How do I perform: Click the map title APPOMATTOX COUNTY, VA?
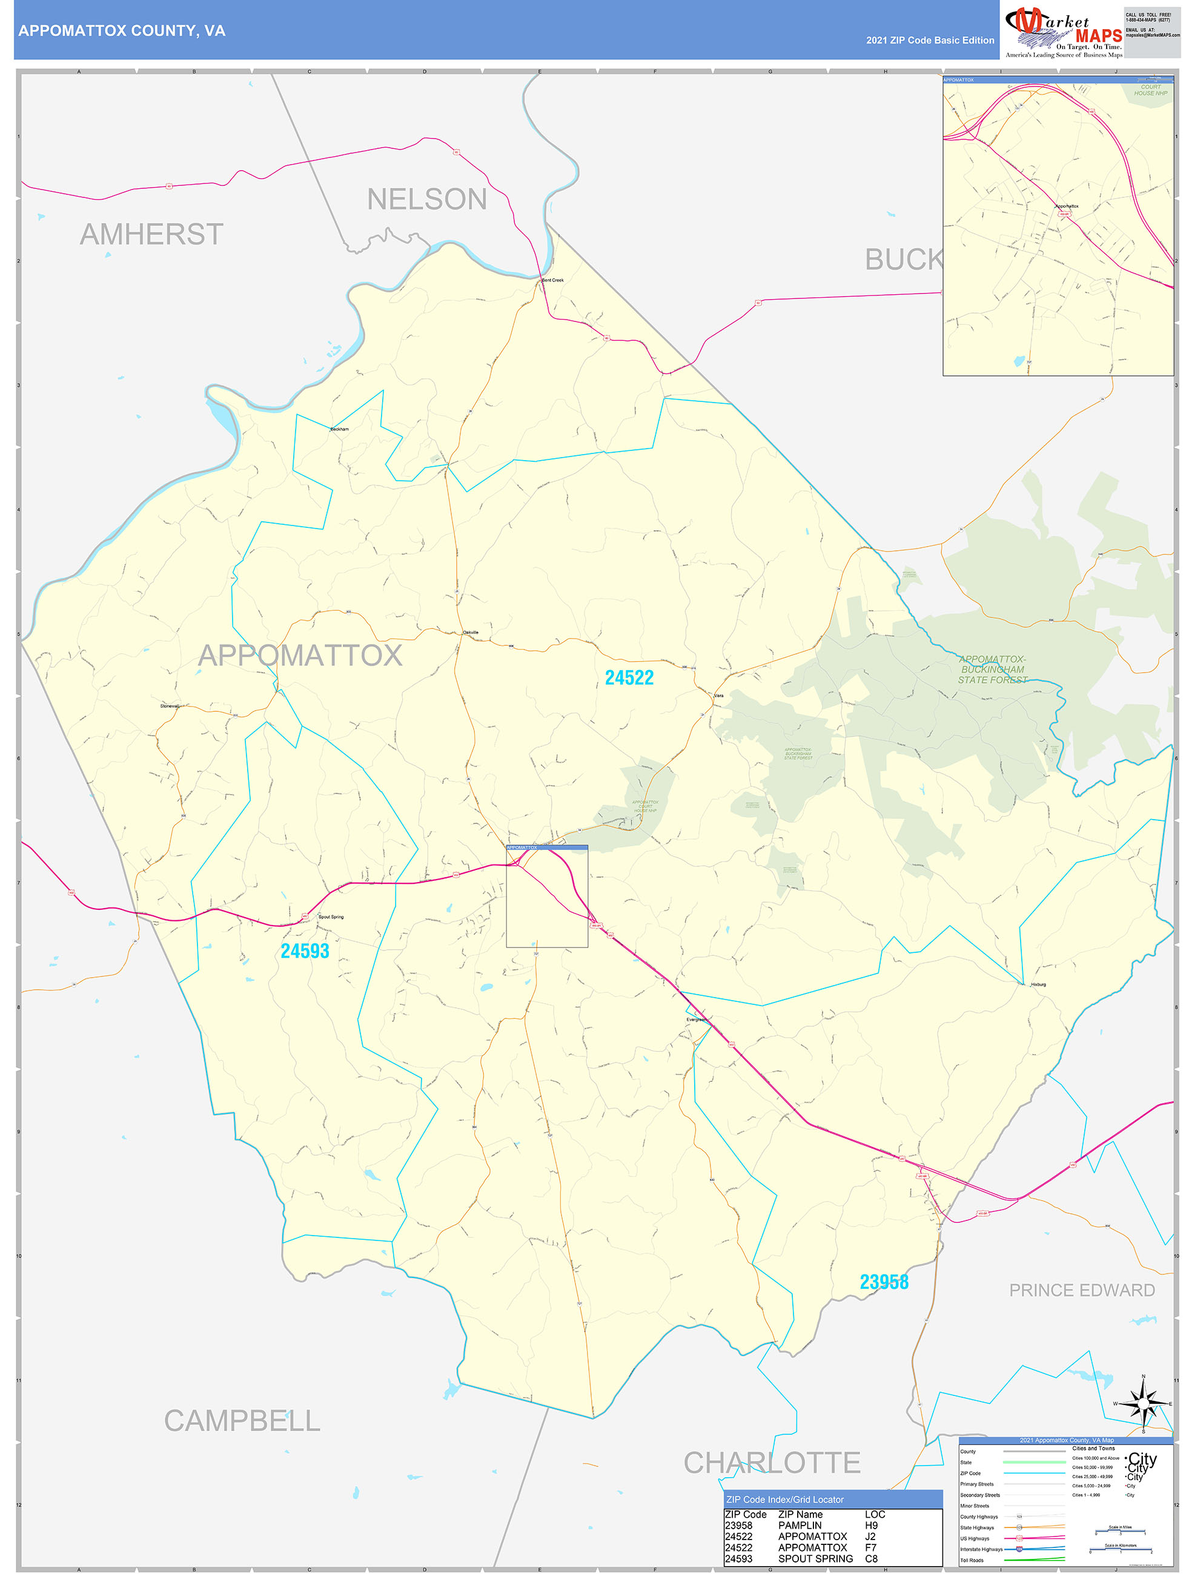click(122, 31)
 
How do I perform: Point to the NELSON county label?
click(426, 199)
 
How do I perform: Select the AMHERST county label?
click(151, 234)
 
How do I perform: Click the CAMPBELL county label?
click(242, 1420)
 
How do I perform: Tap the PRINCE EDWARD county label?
click(1082, 1290)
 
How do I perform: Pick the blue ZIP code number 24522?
click(629, 677)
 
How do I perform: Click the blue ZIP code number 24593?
click(305, 950)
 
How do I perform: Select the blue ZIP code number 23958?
click(884, 1282)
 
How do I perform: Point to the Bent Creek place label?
click(552, 280)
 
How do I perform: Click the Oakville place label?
click(471, 632)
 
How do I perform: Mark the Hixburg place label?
click(1038, 984)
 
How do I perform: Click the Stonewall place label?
click(170, 706)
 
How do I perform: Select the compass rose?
click(1144, 1404)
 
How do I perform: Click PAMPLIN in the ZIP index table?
click(800, 1525)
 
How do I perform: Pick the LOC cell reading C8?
click(871, 1558)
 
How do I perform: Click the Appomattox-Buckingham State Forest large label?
click(993, 669)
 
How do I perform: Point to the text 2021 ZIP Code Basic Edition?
click(930, 41)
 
